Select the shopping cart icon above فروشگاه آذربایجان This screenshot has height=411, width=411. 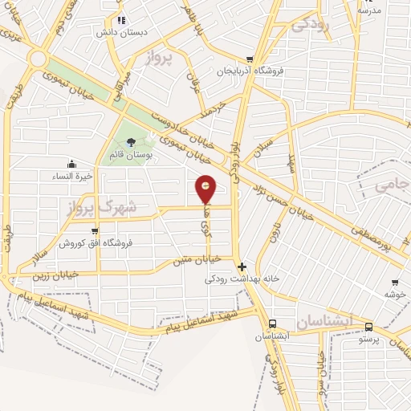250,59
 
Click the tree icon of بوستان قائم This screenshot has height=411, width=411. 131,143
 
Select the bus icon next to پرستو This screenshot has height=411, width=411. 368,327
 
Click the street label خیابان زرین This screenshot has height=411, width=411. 55,275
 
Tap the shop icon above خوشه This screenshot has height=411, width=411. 395,283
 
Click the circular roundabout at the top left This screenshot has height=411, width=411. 37,59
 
